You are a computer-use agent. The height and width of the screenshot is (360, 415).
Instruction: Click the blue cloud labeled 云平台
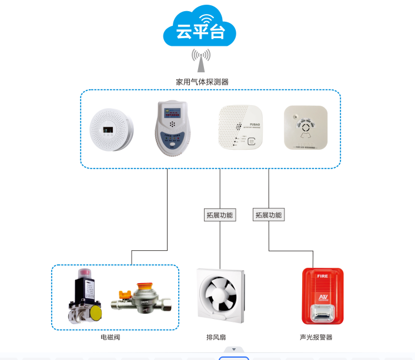(200, 29)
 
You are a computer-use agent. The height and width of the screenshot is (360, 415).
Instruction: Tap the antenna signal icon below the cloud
(200, 59)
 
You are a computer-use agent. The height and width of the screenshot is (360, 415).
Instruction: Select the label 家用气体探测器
(202, 82)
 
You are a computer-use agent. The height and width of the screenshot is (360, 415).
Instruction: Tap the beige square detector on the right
(305, 127)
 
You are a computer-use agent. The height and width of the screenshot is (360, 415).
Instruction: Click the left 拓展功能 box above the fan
(219, 215)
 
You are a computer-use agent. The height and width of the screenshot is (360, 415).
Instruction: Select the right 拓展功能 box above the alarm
(269, 215)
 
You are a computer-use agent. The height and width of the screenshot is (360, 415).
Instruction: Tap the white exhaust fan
(219, 295)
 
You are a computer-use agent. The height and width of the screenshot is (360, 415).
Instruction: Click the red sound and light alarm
(322, 296)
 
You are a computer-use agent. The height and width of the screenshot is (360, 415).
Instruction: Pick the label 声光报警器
(316, 338)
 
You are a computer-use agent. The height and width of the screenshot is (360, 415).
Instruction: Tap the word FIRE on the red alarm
(322, 275)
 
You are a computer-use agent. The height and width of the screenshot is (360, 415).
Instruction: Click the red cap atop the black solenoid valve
(85, 274)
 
